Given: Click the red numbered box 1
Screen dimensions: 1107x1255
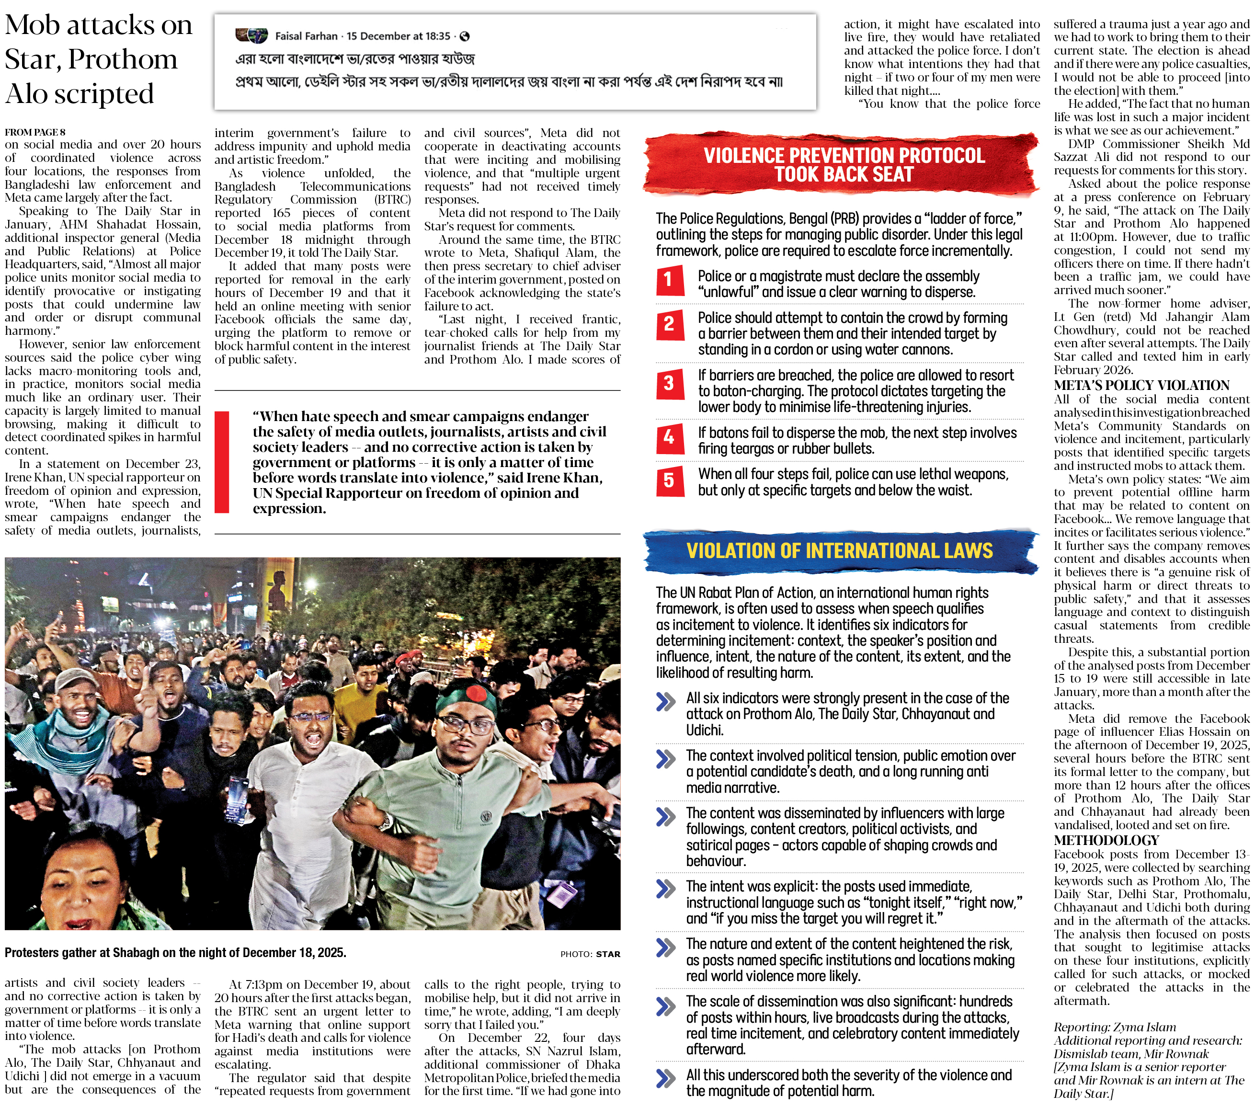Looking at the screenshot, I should click(x=669, y=281).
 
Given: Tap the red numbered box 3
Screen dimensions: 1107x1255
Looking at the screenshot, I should click(x=669, y=383).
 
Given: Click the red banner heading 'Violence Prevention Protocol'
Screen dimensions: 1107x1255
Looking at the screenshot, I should click(x=844, y=165).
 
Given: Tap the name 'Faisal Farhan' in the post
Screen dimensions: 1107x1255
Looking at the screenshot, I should click(x=306, y=36).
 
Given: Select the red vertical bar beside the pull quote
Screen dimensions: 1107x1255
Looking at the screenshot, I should click(x=222, y=462).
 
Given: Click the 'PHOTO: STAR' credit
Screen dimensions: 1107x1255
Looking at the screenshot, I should click(x=590, y=954).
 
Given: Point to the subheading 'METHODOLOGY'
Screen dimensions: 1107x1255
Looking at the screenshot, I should click(x=1098, y=840).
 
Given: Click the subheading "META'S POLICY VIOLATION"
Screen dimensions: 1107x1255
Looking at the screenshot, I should click(x=1141, y=386).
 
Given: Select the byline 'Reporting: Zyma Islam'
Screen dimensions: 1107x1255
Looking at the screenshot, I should click(x=1114, y=1027).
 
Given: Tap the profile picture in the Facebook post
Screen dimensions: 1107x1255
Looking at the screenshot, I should click(x=252, y=35).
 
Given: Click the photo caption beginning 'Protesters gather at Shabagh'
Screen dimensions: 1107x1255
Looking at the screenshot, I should click(x=176, y=952).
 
